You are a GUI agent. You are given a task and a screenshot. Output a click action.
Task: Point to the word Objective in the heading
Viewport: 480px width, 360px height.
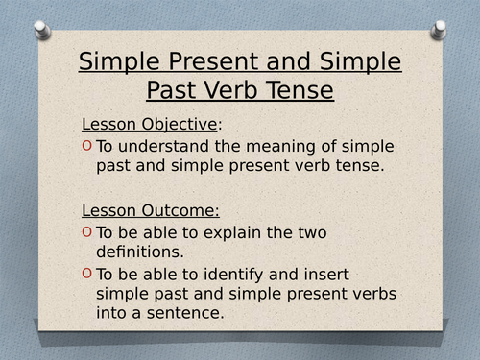pyautogui.click(x=180, y=124)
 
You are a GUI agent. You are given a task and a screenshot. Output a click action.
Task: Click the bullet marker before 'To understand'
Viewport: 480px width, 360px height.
pyautogui.click(x=86, y=146)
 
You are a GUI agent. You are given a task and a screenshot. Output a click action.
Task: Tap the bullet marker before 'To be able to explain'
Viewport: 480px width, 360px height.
pyautogui.click(x=86, y=232)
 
